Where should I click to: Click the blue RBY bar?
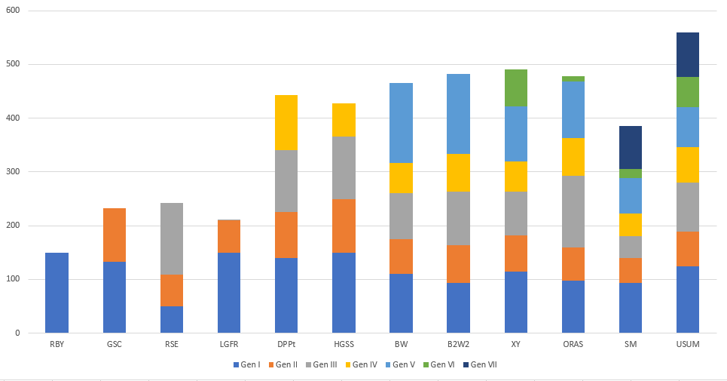pos(57,293)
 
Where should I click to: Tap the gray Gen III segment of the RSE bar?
pos(172,238)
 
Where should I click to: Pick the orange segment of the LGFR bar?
pos(229,236)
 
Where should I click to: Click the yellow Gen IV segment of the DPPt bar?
pos(286,123)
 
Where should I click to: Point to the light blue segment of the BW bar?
pos(401,123)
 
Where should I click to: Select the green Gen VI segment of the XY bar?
pos(515,88)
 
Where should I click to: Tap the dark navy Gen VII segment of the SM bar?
pos(631,148)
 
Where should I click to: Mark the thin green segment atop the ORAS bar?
pos(573,78)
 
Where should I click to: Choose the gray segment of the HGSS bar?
pos(344,168)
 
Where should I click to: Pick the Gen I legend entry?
pos(249,365)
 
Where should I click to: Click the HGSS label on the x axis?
pos(344,345)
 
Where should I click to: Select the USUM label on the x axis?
pos(687,345)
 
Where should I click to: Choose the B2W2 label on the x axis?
pos(458,345)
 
